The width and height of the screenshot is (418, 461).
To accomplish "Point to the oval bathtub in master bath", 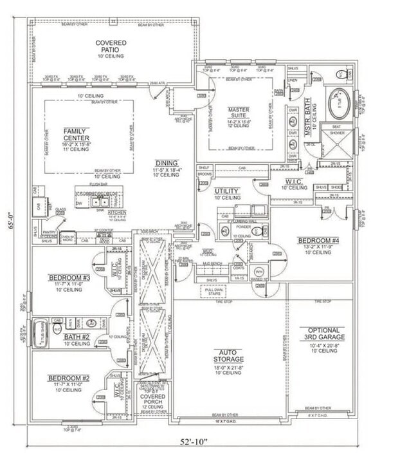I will tap(339, 103).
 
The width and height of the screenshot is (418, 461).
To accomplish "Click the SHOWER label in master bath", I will tap(338, 134).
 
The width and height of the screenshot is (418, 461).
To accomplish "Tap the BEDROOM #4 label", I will tap(314, 241).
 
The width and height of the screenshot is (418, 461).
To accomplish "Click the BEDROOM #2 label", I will tap(68, 378).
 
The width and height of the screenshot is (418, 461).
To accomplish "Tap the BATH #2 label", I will tap(77, 336).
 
